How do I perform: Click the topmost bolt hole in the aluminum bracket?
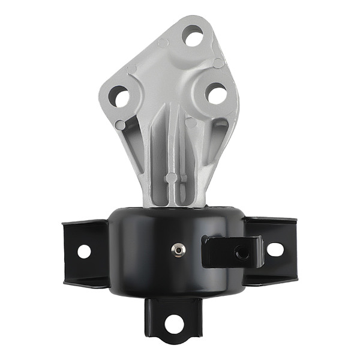point(193,37)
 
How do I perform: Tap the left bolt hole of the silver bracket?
point(119,97)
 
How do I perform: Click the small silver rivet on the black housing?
point(178,248)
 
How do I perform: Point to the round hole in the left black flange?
point(83,251)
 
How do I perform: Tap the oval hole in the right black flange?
point(274,249)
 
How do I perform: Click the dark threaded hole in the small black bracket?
point(242,253)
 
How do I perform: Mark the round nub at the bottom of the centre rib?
point(171,178)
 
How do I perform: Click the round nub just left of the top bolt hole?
point(163,43)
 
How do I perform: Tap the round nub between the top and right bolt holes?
point(218,62)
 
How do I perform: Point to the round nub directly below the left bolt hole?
point(121,125)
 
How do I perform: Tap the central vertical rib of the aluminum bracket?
point(171,144)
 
